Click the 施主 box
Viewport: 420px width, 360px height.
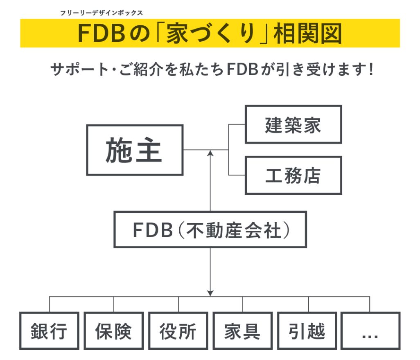click(x=134, y=150)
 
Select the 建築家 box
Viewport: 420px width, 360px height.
click(x=293, y=125)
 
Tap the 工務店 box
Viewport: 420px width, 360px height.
click(x=293, y=175)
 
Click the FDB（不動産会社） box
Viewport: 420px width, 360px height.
click(x=210, y=229)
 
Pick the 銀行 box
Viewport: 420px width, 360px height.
click(x=49, y=331)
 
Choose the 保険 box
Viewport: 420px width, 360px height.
click(x=113, y=331)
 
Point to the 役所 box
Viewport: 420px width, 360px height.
click(x=178, y=331)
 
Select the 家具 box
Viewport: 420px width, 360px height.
click(x=242, y=331)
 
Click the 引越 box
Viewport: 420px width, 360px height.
click(x=307, y=331)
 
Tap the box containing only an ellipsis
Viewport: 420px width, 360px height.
click(x=370, y=331)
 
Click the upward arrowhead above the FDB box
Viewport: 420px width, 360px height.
click(x=210, y=153)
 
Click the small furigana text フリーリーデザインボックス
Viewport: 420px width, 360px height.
click(x=101, y=13)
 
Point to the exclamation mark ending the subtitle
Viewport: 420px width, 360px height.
click(x=370, y=69)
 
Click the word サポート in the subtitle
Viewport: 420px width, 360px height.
click(x=78, y=69)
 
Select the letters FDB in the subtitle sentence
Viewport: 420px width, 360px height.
click(x=241, y=69)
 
